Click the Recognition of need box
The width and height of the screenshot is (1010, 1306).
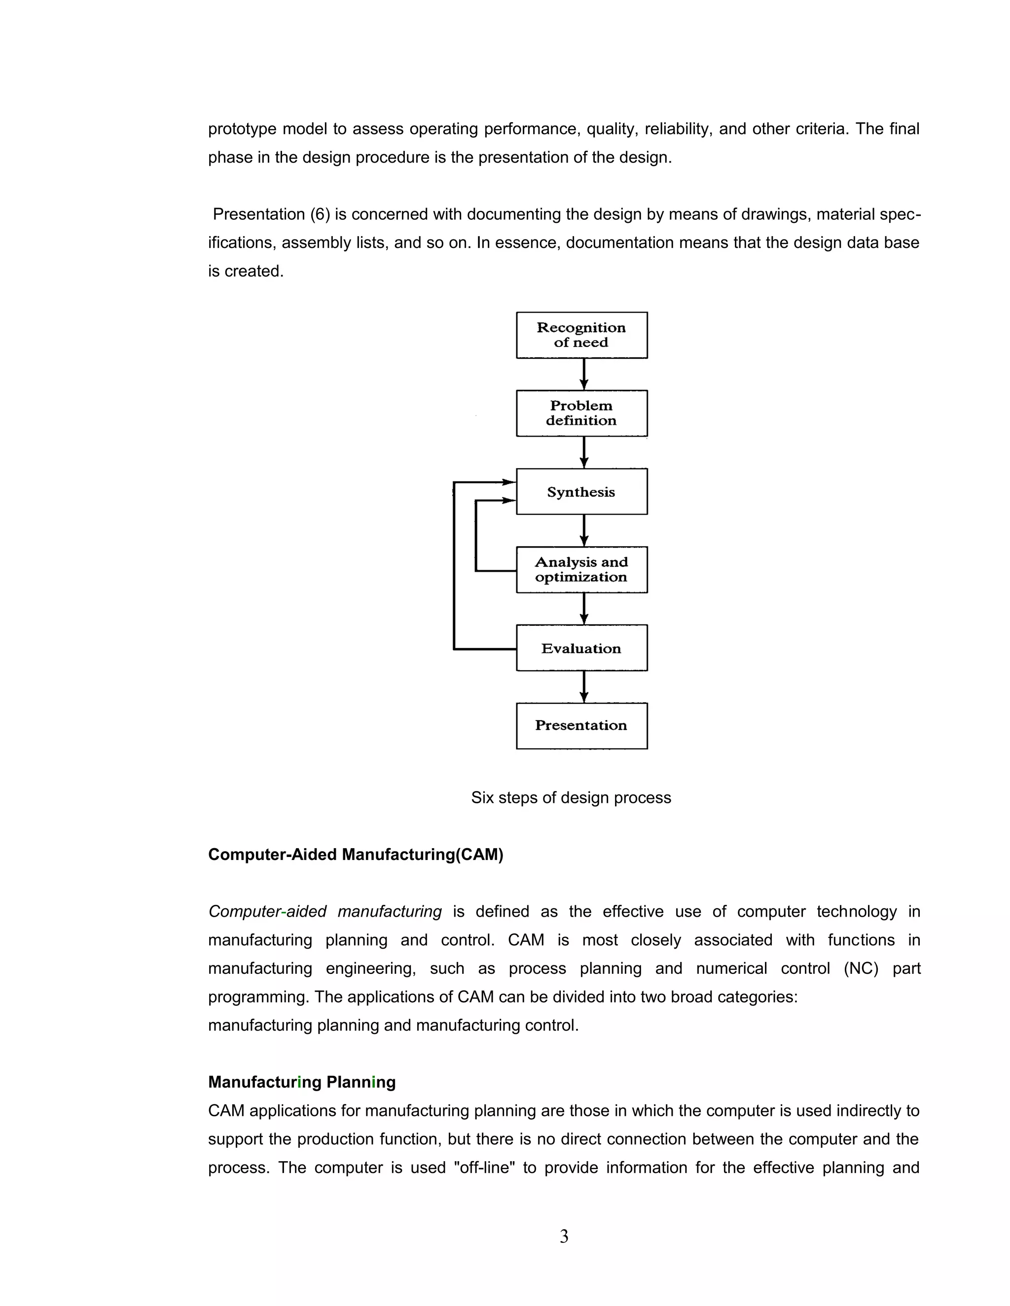click(581, 335)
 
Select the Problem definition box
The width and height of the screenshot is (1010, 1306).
click(581, 413)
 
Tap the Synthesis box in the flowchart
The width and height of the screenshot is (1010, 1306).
click(581, 491)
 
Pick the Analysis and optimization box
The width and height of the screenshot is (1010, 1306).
click(581, 569)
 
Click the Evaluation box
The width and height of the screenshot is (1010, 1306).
click(581, 648)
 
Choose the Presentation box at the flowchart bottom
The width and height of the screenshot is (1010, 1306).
click(581, 725)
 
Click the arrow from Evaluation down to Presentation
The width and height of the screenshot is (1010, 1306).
click(584, 687)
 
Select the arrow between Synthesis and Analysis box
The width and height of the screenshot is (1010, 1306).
click(584, 530)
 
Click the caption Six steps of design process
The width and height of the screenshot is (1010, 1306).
click(571, 798)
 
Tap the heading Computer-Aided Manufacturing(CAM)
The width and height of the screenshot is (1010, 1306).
click(356, 855)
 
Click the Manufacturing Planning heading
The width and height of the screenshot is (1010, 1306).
click(301, 1082)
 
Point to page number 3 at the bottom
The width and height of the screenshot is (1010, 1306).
click(564, 1237)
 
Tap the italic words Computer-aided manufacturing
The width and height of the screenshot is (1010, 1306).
click(325, 911)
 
